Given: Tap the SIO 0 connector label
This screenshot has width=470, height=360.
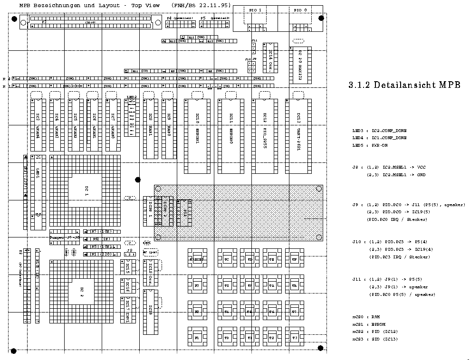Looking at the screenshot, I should [300, 10].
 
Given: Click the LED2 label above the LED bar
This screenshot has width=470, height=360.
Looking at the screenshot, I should [132, 97].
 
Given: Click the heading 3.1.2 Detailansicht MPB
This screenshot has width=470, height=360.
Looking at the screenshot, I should [404, 85].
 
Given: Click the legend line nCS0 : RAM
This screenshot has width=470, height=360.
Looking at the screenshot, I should [366, 316].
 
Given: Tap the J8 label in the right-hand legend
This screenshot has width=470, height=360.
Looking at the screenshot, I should [355, 167].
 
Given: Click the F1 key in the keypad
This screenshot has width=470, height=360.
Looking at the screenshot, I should [197, 338].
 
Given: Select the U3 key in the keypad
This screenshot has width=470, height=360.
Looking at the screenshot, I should [295, 338].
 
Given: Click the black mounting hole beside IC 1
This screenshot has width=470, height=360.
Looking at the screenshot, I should [138, 180].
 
